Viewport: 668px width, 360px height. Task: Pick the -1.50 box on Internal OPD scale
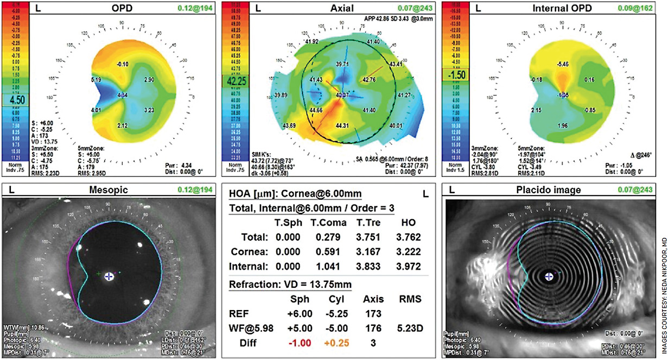pyautogui.click(x=457, y=74)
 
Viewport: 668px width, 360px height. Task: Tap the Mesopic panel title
pyautogui.click(x=112, y=190)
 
